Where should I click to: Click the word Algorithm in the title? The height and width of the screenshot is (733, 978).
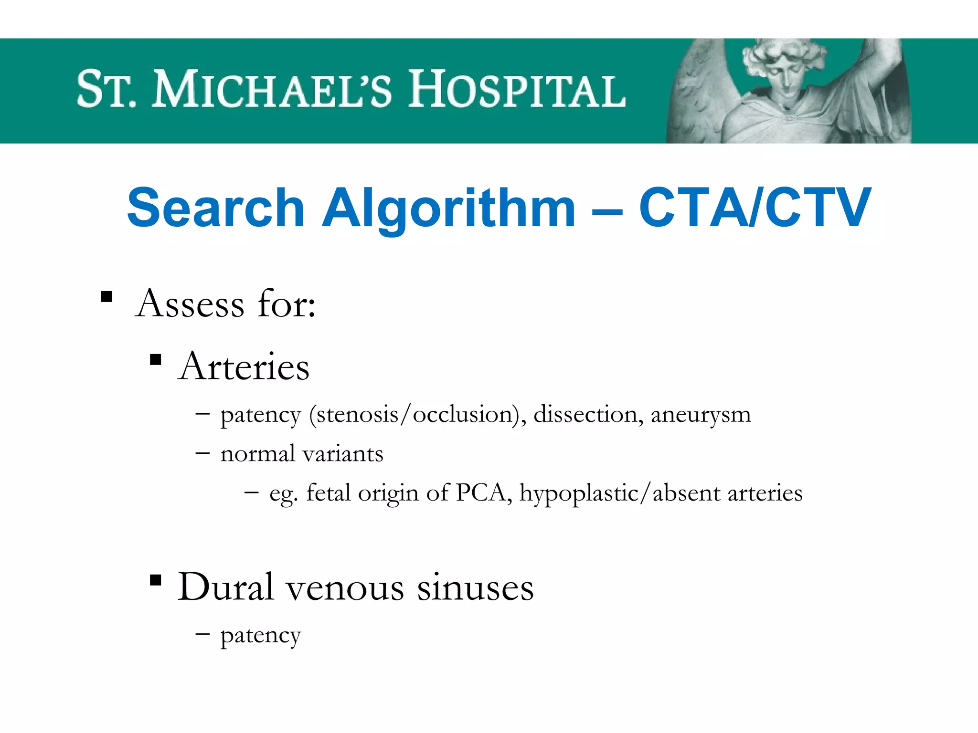448,209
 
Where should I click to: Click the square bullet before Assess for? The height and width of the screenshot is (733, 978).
106,297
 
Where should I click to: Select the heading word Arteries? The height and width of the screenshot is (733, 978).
244,366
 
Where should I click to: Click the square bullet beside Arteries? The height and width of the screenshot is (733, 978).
155,359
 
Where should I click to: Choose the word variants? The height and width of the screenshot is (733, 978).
343,454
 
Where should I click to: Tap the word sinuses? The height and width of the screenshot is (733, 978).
475,588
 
